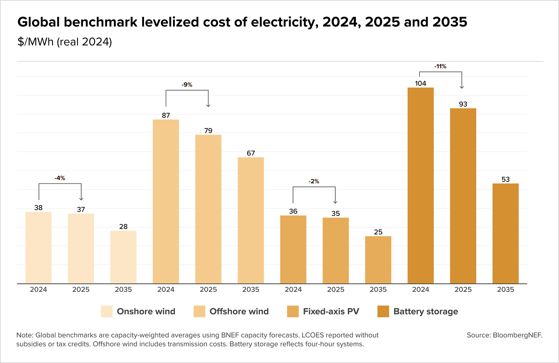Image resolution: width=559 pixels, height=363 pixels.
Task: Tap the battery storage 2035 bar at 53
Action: (x=505, y=233)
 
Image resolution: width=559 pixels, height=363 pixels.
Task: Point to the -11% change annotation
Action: (x=440, y=66)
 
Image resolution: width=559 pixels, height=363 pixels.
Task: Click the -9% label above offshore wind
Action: (x=187, y=85)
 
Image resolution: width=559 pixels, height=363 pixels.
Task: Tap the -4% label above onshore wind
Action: (x=60, y=178)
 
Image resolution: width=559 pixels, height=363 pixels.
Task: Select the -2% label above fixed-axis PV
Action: (x=314, y=181)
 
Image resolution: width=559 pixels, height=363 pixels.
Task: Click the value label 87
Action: (x=166, y=115)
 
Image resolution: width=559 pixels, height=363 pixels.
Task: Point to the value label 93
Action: (x=463, y=104)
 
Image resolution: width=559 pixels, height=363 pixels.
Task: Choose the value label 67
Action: (x=251, y=153)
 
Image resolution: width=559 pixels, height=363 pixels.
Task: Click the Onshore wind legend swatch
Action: (x=106, y=311)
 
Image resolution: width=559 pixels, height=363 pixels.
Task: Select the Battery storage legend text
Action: (x=425, y=311)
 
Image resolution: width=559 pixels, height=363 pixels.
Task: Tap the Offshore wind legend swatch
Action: (x=199, y=311)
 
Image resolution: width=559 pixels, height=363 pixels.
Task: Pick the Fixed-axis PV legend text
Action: (x=331, y=311)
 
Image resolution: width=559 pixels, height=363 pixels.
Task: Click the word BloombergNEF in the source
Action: (x=517, y=335)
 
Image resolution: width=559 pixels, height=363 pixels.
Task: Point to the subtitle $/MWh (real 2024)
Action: (x=65, y=42)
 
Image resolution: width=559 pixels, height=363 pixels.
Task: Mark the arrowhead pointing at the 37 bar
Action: (x=81, y=199)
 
